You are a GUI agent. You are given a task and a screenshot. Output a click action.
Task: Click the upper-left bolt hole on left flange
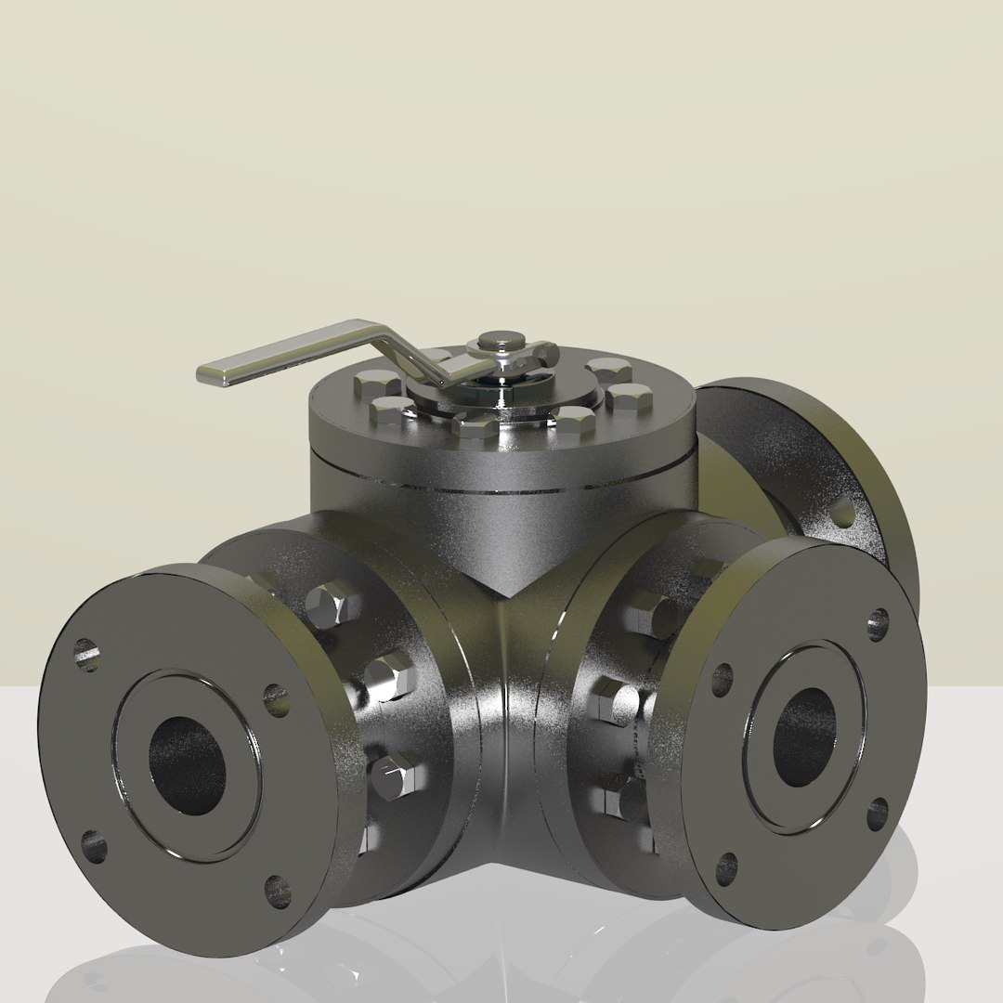coord(86,654)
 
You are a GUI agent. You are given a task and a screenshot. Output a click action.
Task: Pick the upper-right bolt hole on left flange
coord(276,699)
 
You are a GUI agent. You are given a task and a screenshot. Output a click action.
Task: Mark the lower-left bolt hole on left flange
coord(94,846)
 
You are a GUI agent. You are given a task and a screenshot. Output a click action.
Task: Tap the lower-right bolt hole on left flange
coord(277,891)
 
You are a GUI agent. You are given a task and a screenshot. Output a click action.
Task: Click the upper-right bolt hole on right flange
coord(878,624)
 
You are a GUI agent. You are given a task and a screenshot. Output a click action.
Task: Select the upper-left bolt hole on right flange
coord(723,679)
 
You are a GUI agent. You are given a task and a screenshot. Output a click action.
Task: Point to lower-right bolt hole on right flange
coord(877,814)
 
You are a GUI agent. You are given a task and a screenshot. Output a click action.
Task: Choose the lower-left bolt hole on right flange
coord(726,868)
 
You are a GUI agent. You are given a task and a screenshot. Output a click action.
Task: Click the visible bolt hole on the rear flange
coord(842,512)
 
